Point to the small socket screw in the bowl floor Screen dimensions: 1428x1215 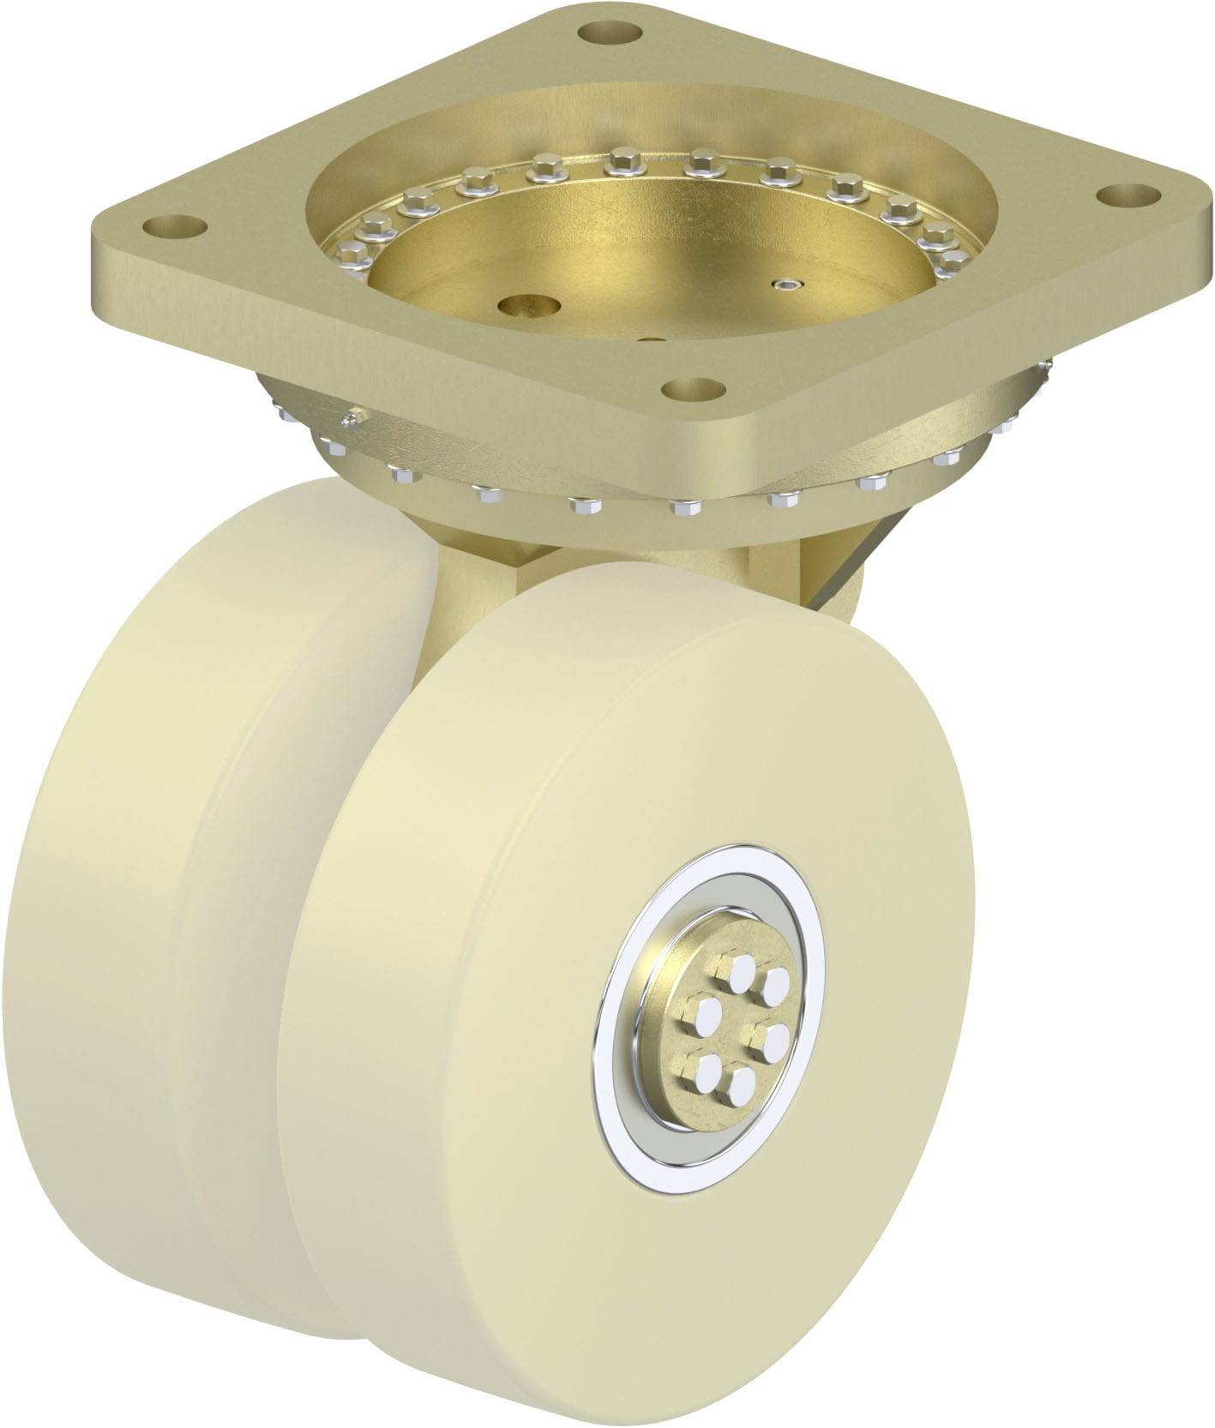(786, 283)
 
